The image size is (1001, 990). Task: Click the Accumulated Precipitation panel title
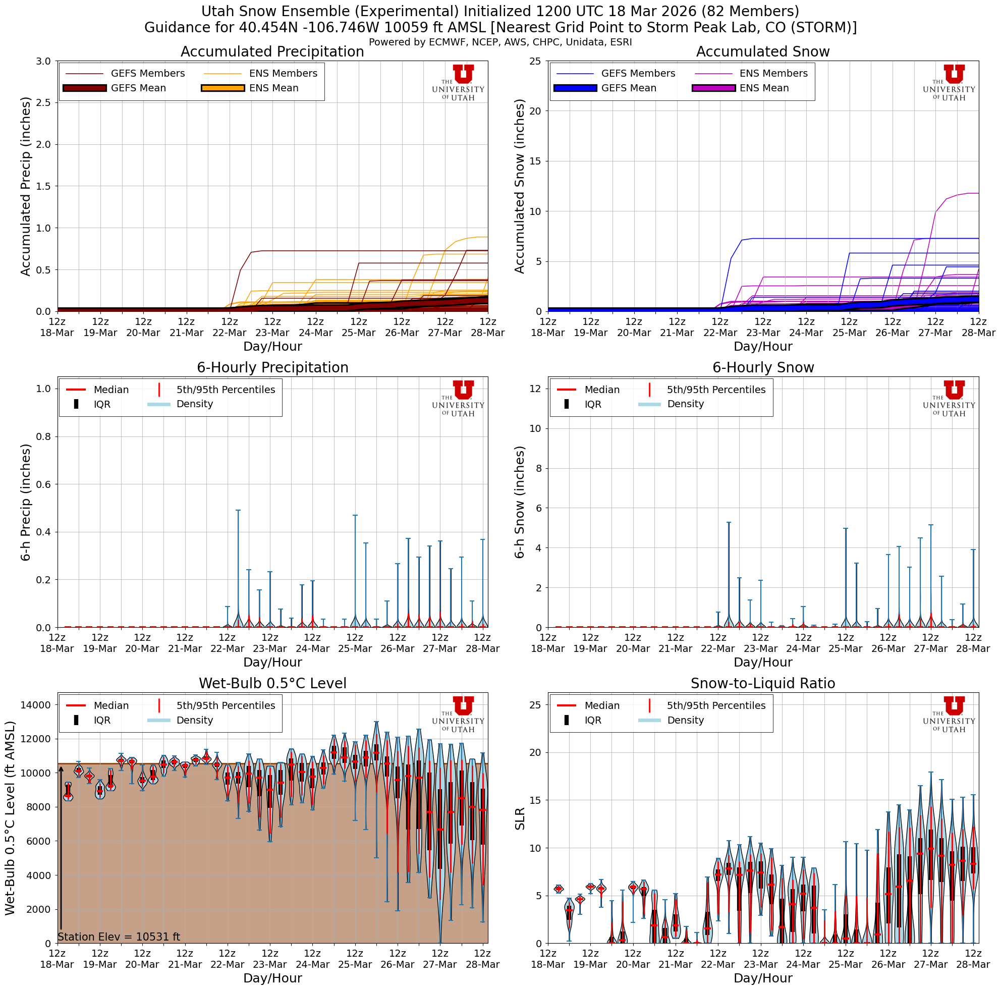point(272,52)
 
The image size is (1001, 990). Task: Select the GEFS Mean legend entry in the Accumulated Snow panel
point(604,88)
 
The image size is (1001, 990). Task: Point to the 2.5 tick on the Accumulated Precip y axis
point(44,102)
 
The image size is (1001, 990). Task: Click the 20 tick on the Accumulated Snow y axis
point(534,111)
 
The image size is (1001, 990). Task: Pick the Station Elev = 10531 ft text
point(119,937)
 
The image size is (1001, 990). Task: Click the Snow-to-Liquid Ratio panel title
point(763,683)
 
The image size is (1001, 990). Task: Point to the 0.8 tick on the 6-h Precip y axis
point(44,436)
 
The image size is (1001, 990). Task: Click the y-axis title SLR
point(520,818)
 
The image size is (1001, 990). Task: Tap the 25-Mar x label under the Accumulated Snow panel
point(849,333)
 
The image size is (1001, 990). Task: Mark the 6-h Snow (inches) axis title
point(520,502)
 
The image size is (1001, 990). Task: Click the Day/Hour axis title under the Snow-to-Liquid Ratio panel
point(763,978)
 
